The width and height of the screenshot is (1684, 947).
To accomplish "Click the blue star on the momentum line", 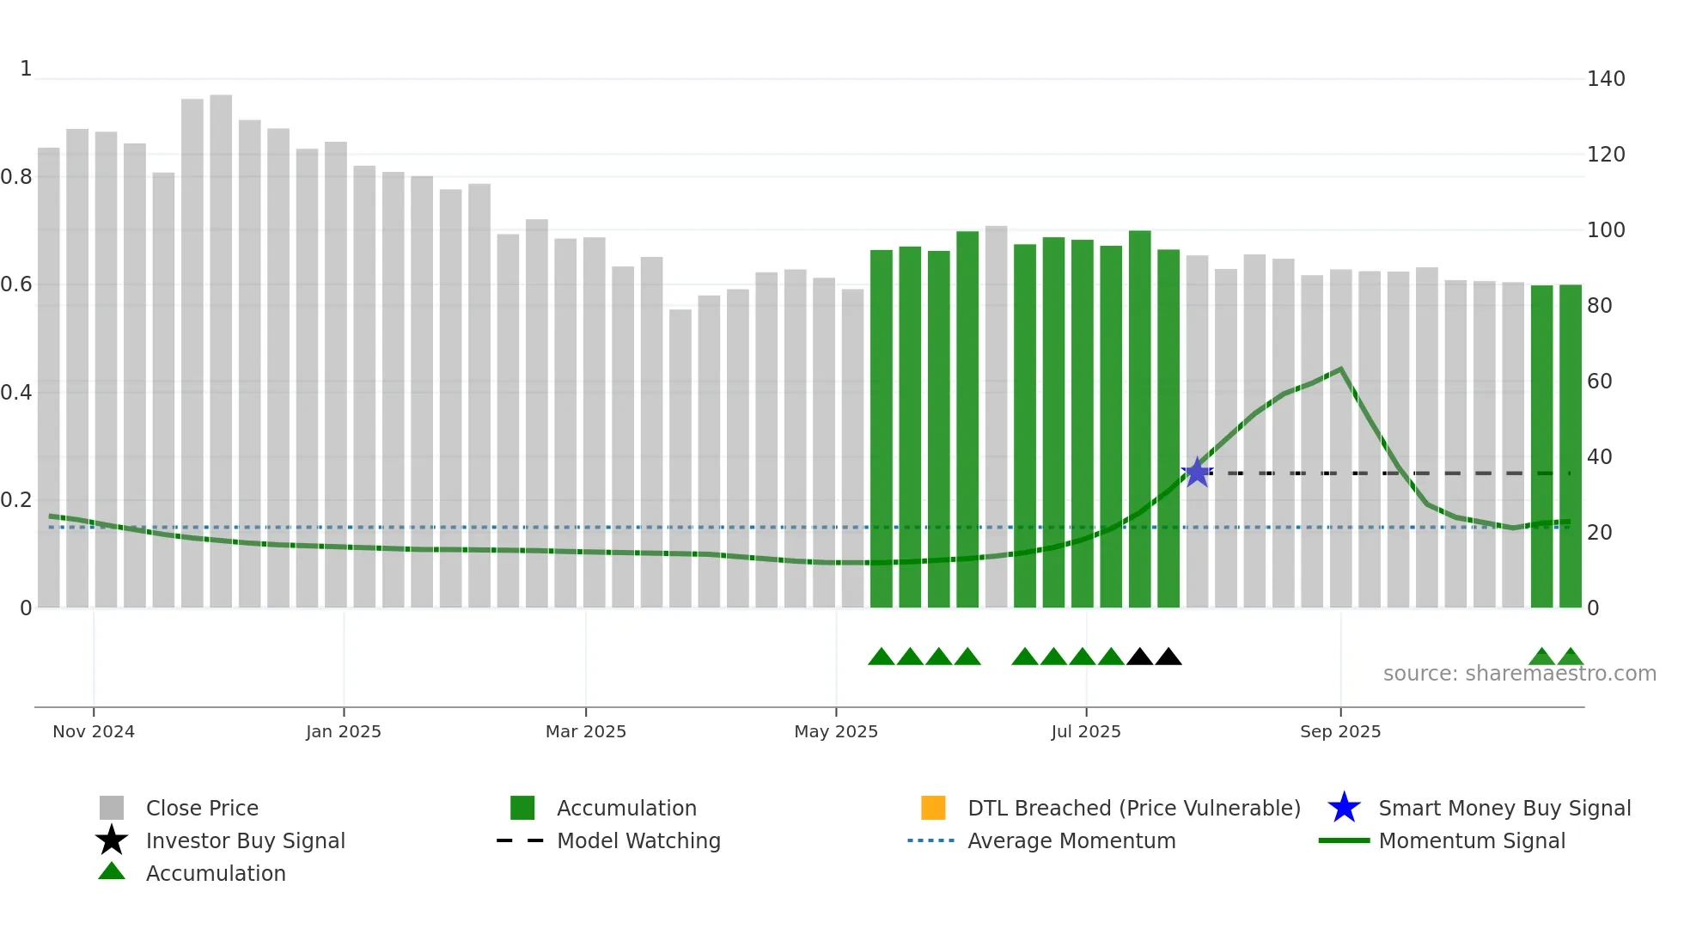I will pos(1197,473).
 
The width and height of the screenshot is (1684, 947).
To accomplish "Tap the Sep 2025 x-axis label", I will pos(1339,731).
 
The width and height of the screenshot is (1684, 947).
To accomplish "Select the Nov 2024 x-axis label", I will pos(94,731).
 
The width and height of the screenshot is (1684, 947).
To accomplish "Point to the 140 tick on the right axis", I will pos(1605,79).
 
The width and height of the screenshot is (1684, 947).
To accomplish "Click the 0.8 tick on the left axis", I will pos(16,177).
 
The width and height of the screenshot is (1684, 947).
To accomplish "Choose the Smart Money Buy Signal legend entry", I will pos(1504,808).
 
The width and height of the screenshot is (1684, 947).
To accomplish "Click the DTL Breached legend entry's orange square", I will pos(933,808).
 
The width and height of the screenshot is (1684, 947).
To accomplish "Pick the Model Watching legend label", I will pos(638,840).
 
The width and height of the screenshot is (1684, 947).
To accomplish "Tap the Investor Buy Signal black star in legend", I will pos(112,840).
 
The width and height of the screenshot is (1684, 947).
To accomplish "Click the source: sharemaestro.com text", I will pos(1519,674).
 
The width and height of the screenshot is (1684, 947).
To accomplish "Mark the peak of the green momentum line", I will pos(1340,370).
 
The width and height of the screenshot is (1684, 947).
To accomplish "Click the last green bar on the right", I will pos(1570,447).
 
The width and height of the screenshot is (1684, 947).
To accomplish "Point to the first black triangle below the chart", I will pos(1139,657).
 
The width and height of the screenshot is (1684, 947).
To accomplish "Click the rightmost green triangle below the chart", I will pos(1570,657).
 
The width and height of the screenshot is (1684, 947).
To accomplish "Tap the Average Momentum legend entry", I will pos(1071,840).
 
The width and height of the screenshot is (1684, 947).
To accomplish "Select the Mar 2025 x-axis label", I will pos(585,731).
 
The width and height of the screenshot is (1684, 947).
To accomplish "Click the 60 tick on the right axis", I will pos(1599,382).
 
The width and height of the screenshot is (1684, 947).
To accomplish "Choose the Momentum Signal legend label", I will pos(1471,840).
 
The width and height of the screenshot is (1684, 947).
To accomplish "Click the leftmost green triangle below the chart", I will pos(882,657).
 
